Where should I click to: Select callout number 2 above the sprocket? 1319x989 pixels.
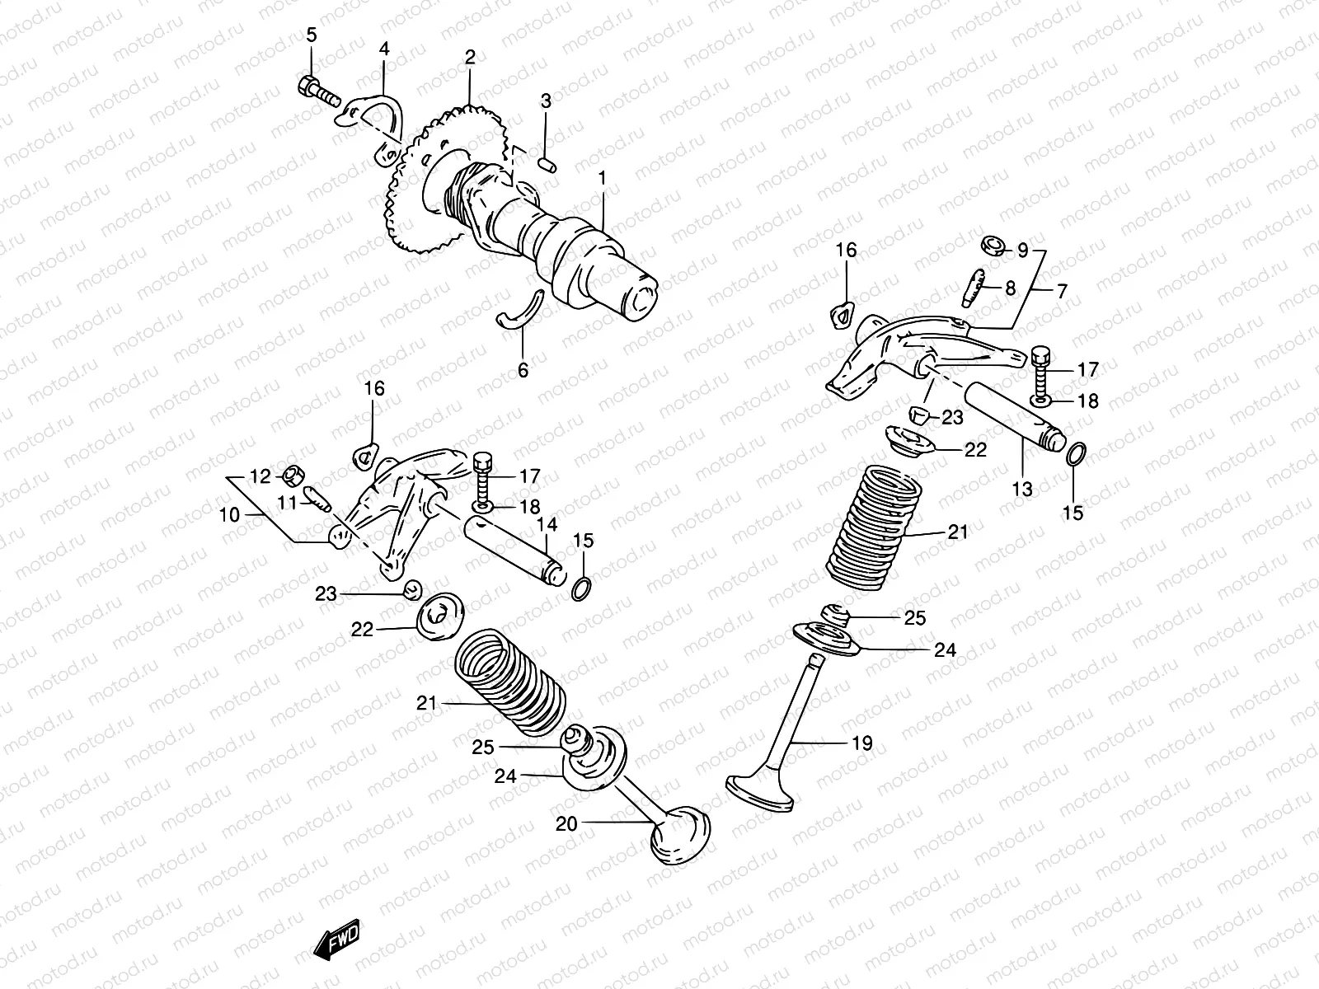[x=470, y=58]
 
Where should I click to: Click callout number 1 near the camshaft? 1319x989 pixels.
[x=603, y=178]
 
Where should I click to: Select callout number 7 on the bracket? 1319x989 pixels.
[x=1061, y=291]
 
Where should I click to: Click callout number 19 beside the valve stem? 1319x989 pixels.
[x=861, y=743]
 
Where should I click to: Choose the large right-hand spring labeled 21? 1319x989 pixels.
[x=874, y=527]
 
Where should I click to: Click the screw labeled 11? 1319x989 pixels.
[x=317, y=498]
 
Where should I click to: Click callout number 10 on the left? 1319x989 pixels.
[x=229, y=515]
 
